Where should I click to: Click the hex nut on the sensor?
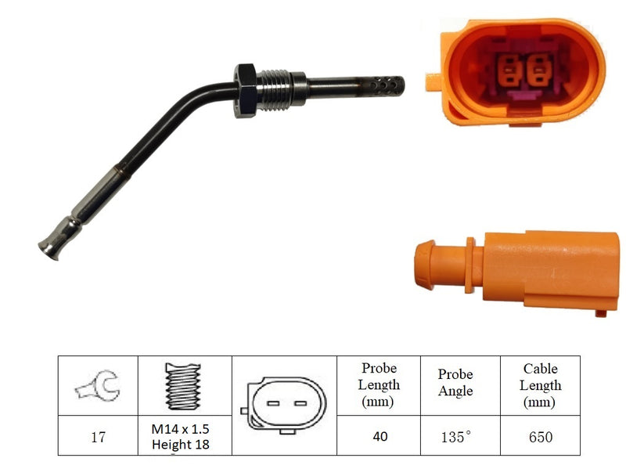[245, 91]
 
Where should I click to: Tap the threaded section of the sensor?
[273, 90]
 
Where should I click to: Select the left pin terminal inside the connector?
[509, 70]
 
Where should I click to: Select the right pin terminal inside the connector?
[538, 70]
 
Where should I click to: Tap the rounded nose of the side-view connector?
[424, 265]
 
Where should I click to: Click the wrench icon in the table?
[98, 386]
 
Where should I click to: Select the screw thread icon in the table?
[183, 386]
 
